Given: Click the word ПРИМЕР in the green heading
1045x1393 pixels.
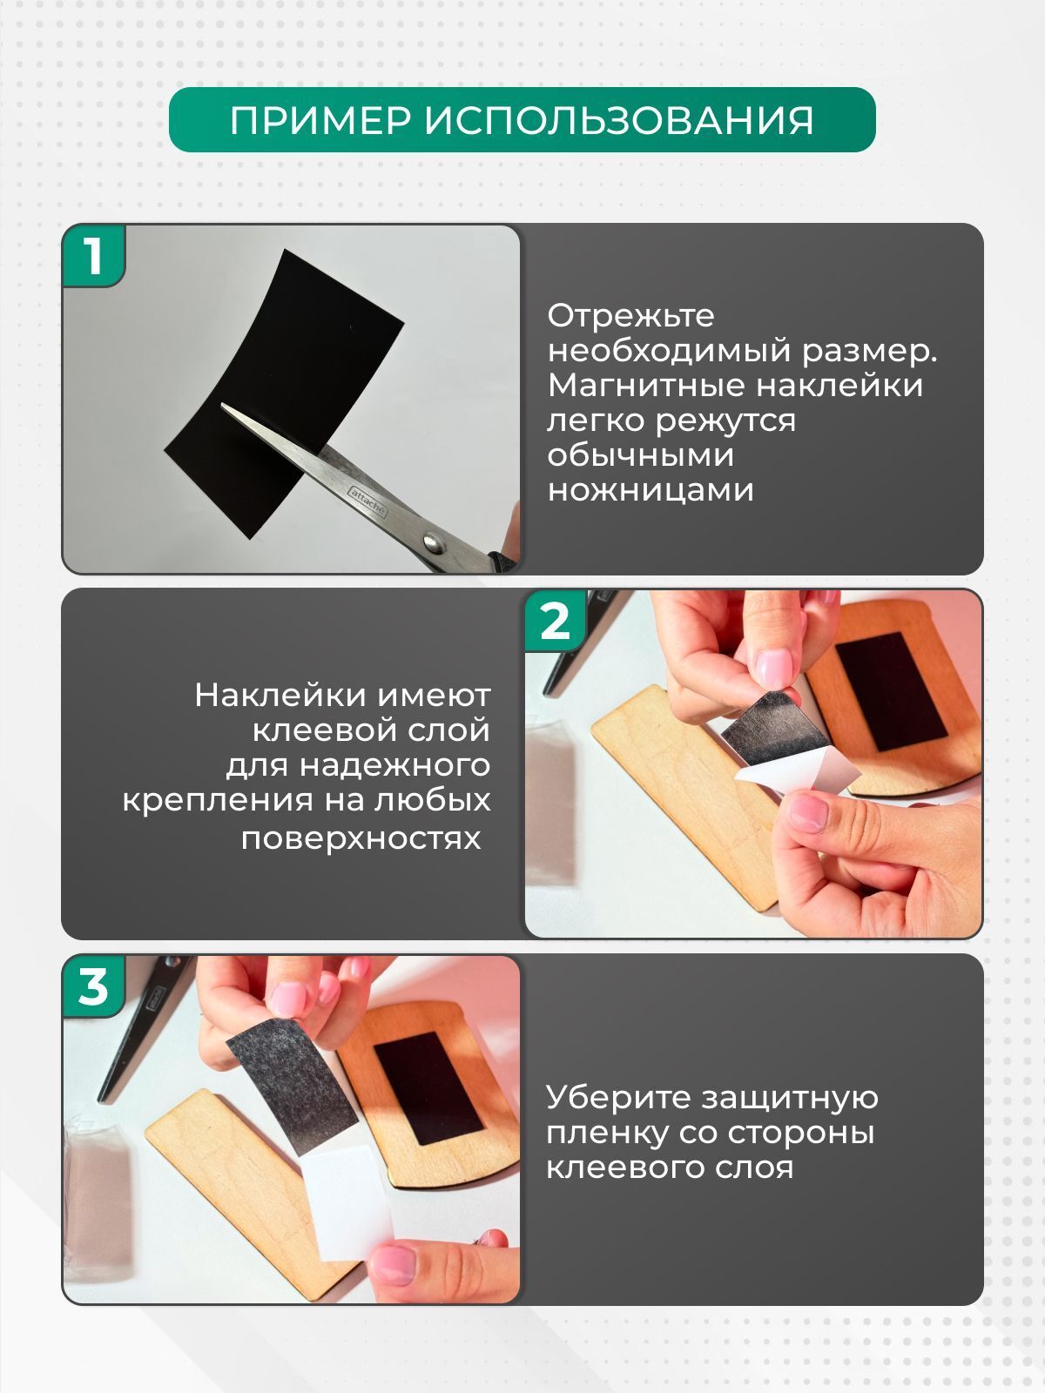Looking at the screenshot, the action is point(320,120).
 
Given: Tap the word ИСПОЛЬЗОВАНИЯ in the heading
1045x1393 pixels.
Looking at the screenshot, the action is point(618,120).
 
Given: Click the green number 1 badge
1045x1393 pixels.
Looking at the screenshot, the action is point(93,256).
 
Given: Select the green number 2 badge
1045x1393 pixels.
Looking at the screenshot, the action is point(556,622).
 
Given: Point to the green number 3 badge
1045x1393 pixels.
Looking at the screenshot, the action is point(93,986).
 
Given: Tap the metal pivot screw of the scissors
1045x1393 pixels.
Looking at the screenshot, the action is point(434,542).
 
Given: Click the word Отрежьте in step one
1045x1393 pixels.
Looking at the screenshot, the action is point(630,315).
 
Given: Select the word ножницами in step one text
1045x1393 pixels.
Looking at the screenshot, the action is point(651,490).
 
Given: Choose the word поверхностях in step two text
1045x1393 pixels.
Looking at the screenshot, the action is point(361,838).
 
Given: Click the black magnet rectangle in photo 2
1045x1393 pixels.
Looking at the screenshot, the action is point(892,691).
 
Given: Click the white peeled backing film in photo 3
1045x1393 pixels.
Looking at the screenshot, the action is point(348,1202).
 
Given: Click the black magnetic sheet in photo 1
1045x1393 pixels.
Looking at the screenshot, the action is point(284,394).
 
